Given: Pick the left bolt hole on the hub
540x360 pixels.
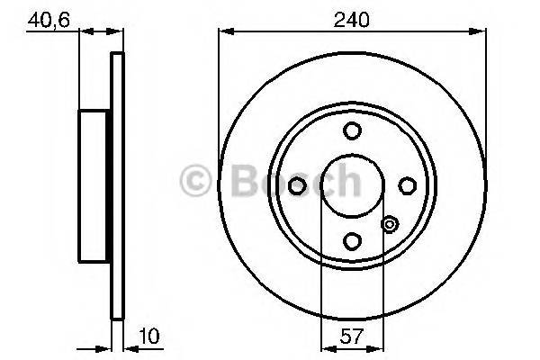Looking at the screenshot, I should click(x=298, y=185).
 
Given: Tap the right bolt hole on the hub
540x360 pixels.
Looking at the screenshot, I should click(x=407, y=185).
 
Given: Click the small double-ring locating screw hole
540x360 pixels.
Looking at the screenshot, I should click(x=389, y=225).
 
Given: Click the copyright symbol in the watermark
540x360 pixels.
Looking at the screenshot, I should click(x=196, y=181).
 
